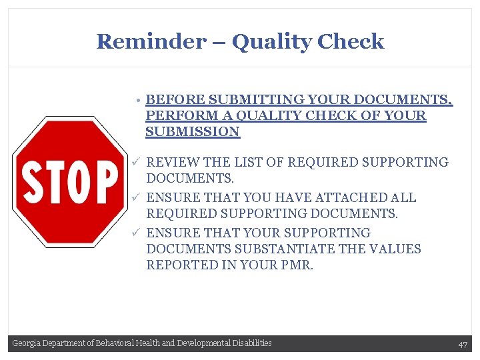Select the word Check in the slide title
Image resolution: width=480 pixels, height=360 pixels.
pyautogui.click(x=351, y=41)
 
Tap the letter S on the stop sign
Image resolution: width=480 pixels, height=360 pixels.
pyautogui.click(x=32, y=182)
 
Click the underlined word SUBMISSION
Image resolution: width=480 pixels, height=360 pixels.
pyautogui.click(x=192, y=132)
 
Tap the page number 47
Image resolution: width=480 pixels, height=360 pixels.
pyautogui.click(x=463, y=344)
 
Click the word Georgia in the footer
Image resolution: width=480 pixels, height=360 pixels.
pyautogui.click(x=26, y=343)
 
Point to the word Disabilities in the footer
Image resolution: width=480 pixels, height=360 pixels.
pyautogui.click(x=252, y=343)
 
